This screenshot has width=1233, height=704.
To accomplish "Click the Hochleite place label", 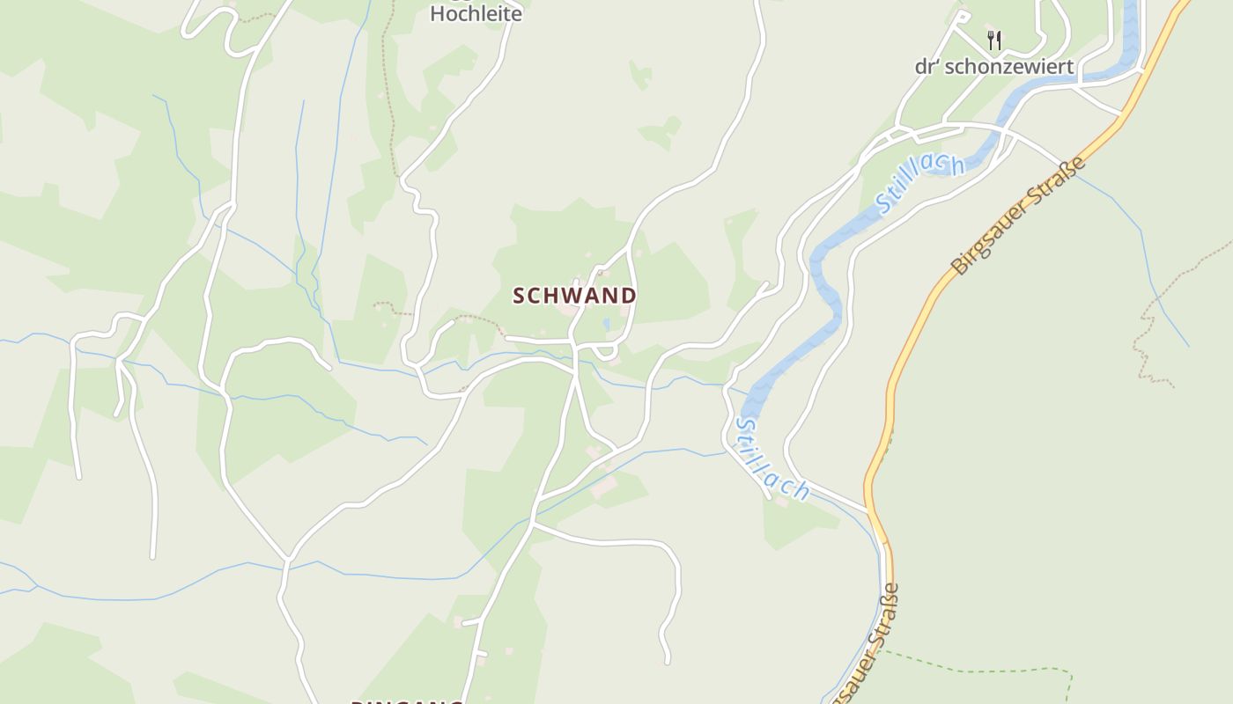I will click(x=476, y=14).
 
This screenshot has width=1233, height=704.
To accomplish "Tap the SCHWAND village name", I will click(x=574, y=296).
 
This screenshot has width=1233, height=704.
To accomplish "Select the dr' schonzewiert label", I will click(x=994, y=67).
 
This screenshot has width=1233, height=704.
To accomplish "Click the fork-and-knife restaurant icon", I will click(x=994, y=40).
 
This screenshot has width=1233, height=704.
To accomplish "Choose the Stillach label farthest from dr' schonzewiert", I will click(x=772, y=459).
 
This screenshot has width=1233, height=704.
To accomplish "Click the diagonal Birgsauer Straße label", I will click(x=1019, y=217).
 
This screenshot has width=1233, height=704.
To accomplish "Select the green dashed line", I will click(x=978, y=670).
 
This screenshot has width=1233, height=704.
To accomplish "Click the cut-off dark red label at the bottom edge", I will click(x=407, y=701).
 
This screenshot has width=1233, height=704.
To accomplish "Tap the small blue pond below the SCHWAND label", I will click(x=606, y=325).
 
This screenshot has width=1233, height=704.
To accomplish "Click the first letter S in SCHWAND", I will click(x=520, y=296).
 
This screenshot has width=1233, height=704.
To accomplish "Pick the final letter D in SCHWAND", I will click(x=629, y=296).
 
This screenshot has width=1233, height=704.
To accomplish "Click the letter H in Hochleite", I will click(x=438, y=14).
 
